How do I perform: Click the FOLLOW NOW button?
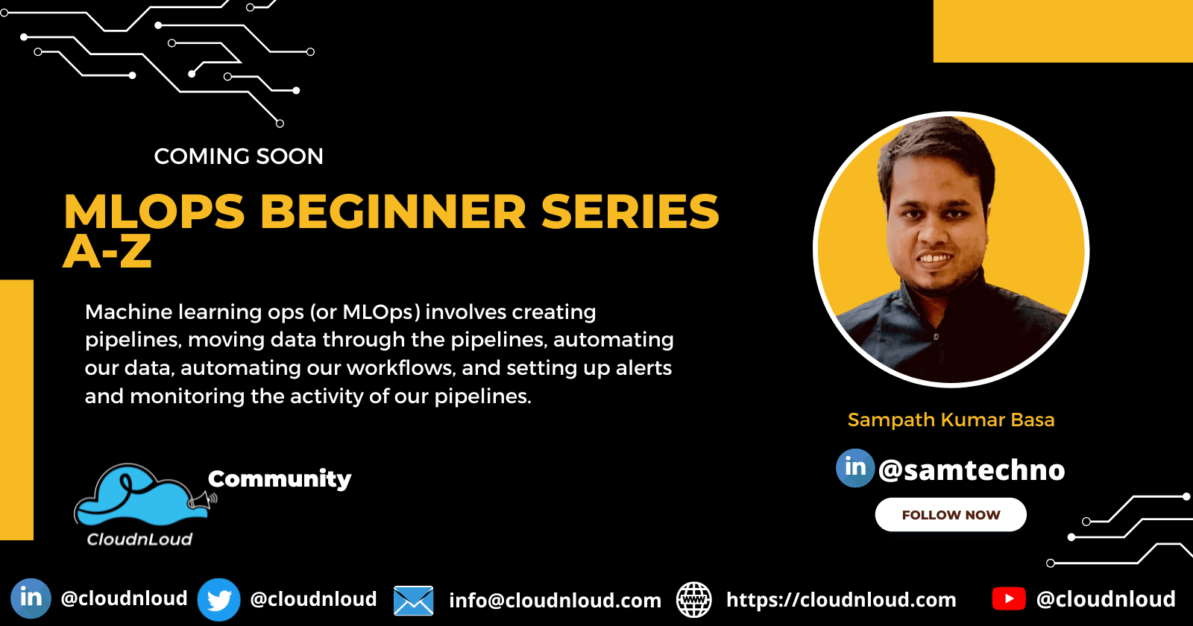(951, 515)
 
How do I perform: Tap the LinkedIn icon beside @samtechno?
(855, 468)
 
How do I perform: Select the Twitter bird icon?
(218, 599)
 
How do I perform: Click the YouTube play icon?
(1009, 598)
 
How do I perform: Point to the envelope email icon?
(413, 601)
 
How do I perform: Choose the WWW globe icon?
(693, 600)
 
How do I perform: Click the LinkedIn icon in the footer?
(31, 598)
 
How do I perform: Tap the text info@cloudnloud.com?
(555, 601)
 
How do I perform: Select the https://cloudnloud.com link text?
(841, 600)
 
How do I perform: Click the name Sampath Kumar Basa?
(951, 420)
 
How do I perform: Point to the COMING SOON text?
(239, 156)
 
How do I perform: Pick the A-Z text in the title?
(107, 252)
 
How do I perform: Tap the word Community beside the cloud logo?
(280, 478)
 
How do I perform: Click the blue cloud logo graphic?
(134, 495)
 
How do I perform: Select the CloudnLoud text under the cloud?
(139, 539)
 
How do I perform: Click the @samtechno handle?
(972, 470)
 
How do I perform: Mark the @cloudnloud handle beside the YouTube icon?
(1106, 599)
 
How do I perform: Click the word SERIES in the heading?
(630, 212)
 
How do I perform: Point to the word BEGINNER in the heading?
(393, 212)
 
